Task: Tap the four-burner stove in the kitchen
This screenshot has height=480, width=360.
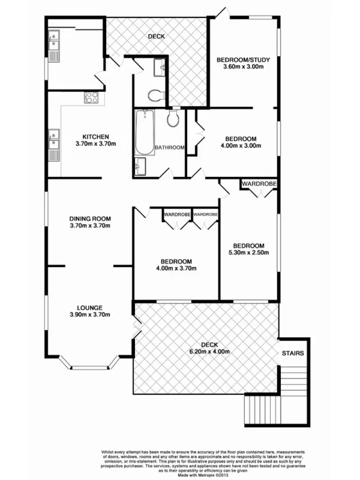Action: (x=91, y=97)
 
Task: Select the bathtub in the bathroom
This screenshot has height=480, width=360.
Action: (x=143, y=133)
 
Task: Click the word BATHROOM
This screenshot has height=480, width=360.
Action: (x=169, y=148)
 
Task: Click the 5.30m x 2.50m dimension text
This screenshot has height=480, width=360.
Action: (x=248, y=253)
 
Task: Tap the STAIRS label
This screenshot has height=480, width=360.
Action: (x=292, y=354)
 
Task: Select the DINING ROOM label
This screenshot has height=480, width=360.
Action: (x=91, y=218)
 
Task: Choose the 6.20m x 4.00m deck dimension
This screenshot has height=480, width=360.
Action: (x=209, y=352)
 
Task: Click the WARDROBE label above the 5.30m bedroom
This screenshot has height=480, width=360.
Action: (x=259, y=183)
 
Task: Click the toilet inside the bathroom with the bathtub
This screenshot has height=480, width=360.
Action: (x=173, y=118)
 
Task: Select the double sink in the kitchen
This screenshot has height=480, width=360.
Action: (x=53, y=146)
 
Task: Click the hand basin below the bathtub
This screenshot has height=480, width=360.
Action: (x=140, y=166)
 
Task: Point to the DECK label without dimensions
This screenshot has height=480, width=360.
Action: (x=157, y=37)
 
